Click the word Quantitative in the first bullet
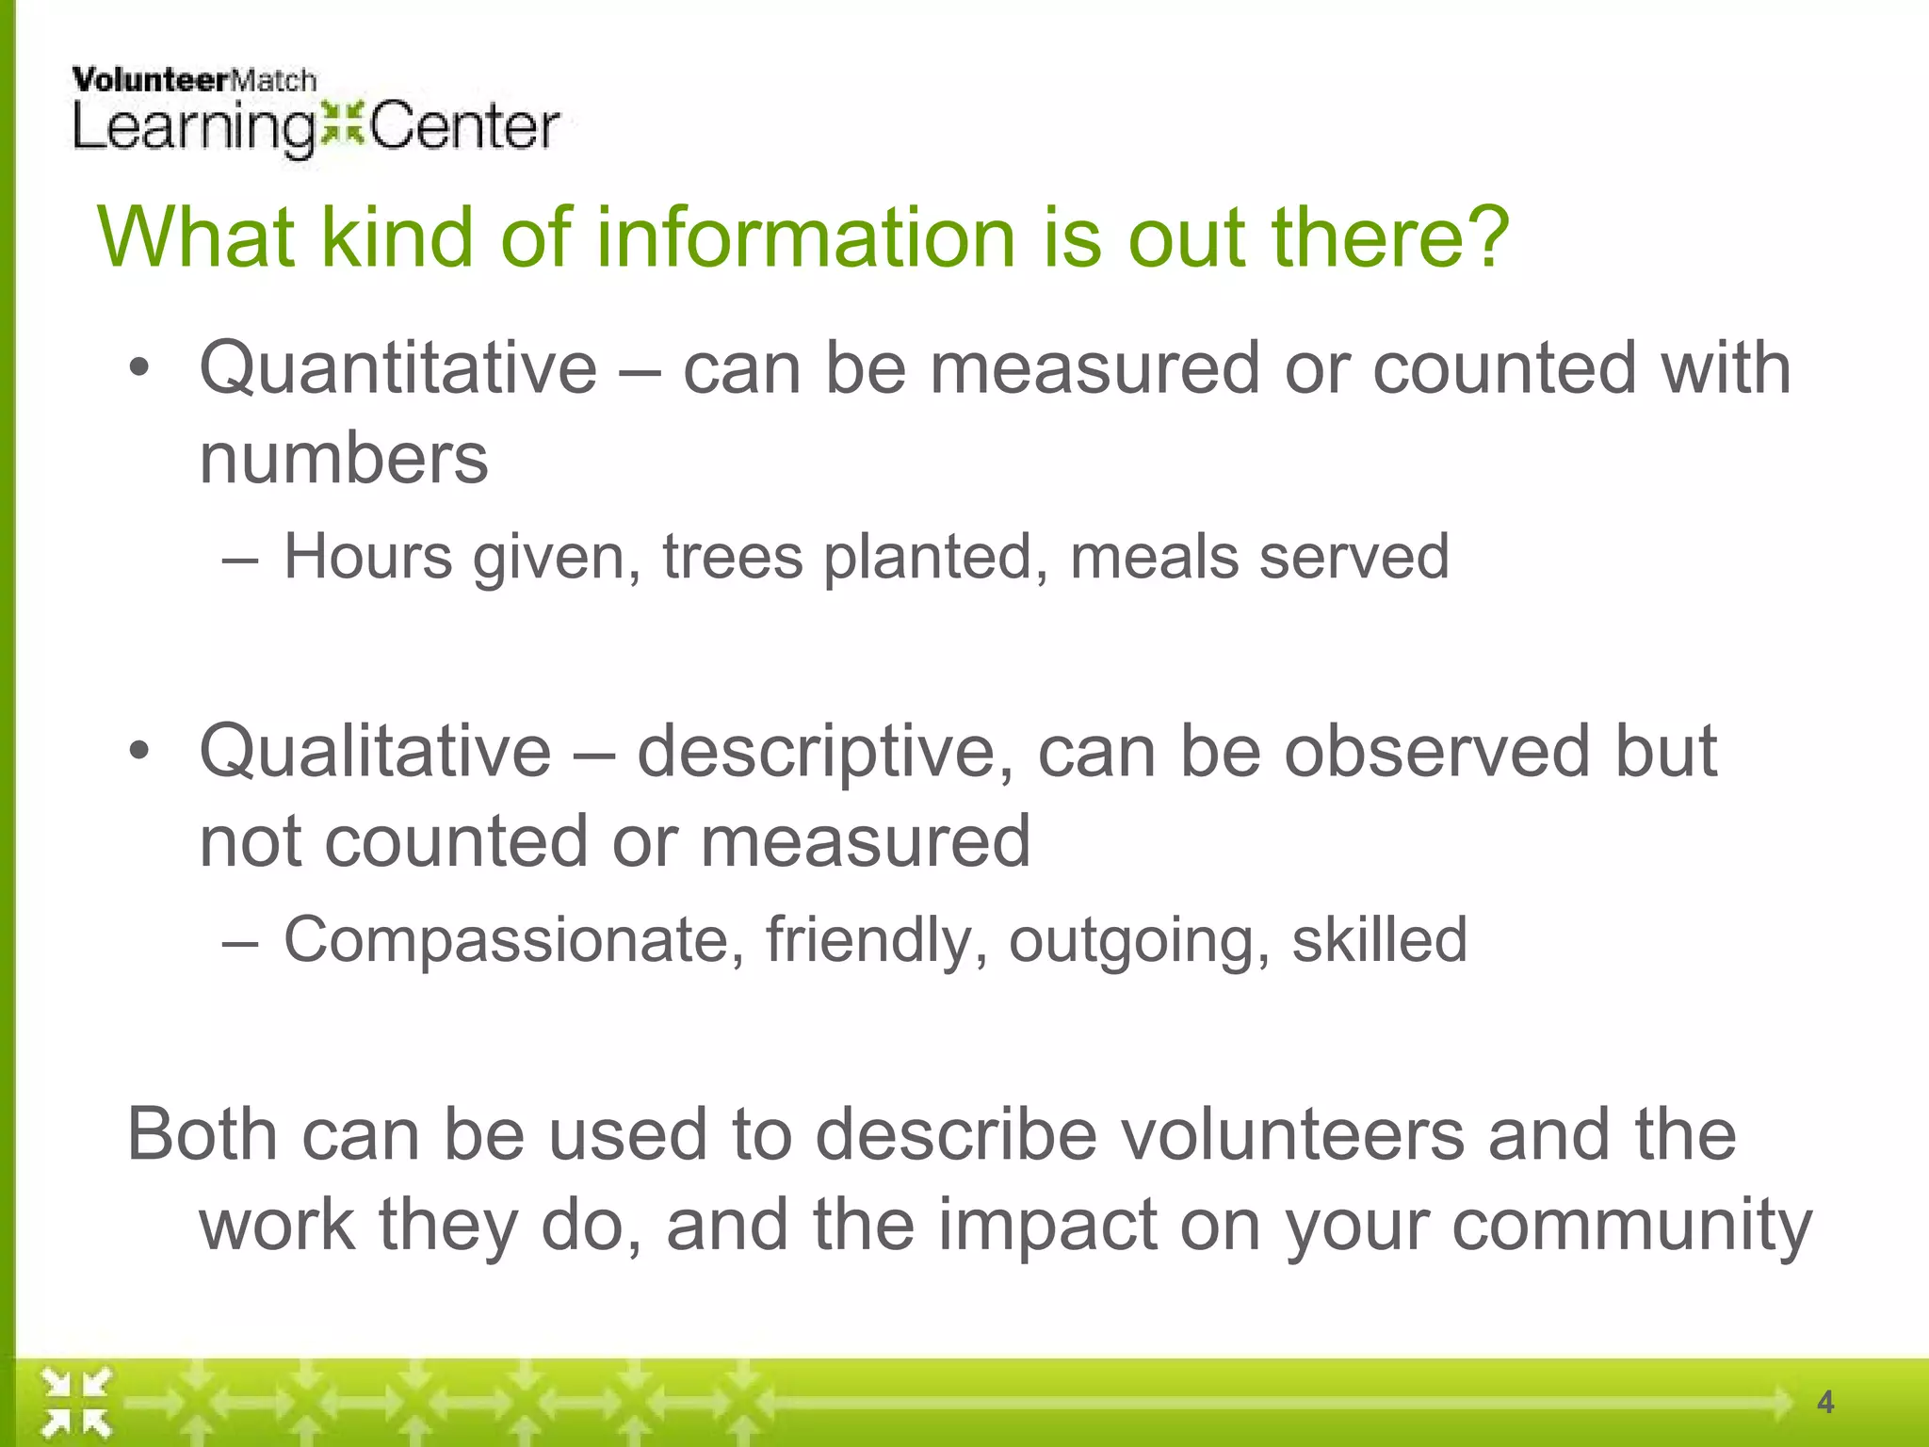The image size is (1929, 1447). click(x=397, y=368)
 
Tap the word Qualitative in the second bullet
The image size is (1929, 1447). click(x=375, y=752)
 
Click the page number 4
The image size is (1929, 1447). click(x=1825, y=1403)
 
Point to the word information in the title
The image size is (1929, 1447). click(x=805, y=237)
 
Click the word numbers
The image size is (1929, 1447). click(x=344, y=460)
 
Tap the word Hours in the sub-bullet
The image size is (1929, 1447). click(x=368, y=557)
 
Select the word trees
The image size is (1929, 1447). click(x=733, y=557)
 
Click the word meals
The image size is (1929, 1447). click(x=1154, y=557)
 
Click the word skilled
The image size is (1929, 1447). click(x=1379, y=940)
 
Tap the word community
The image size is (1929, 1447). click(x=1631, y=1226)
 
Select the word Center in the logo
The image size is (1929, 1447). click(x=464, y=127)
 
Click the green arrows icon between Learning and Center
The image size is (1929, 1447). click(x=341, y=124)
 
